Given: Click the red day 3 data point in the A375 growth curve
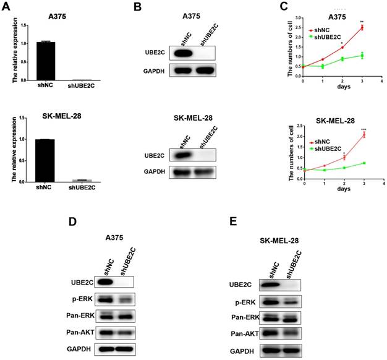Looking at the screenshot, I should [x=362, y=28].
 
